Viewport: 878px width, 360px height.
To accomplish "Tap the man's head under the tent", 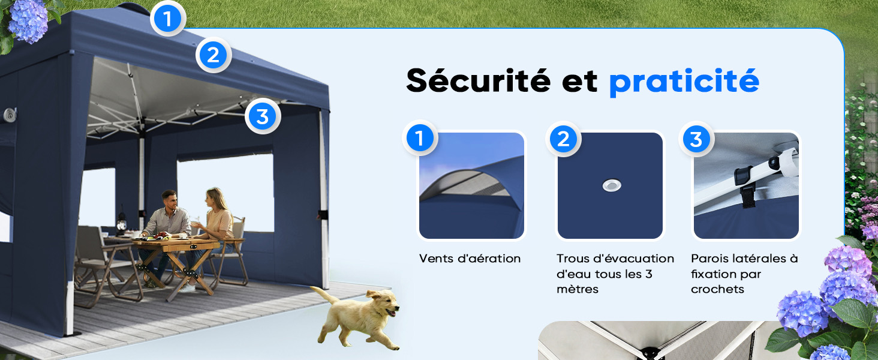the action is [x=169, y=199].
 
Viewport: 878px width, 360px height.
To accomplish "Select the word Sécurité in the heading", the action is [x=478, y=80].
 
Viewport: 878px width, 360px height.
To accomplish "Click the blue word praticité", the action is [x=684, y=82].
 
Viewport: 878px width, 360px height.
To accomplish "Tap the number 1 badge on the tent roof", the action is [x=168, y=19].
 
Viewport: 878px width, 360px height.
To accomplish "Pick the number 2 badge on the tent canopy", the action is [x=214, y=55].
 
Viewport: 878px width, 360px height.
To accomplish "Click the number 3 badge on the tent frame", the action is [x=263, y=116].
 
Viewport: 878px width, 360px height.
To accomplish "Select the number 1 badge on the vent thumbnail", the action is [x=419, y=138].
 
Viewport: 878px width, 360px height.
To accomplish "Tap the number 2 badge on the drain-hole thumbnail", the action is [x=563, y=139].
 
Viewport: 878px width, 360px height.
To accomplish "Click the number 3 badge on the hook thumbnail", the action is [x=696, y=139].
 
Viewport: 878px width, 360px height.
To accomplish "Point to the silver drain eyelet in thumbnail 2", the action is [x=612, y=185].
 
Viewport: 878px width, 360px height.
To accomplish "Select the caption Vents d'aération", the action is [x=470, y=259].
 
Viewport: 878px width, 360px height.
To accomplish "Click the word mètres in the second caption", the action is [x=578, y=289].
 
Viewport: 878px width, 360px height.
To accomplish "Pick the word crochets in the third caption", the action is [x=717, y=289].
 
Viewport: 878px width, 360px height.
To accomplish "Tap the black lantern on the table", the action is [x=122, y=221].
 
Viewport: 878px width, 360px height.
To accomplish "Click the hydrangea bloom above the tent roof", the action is [x=28, y=20].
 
